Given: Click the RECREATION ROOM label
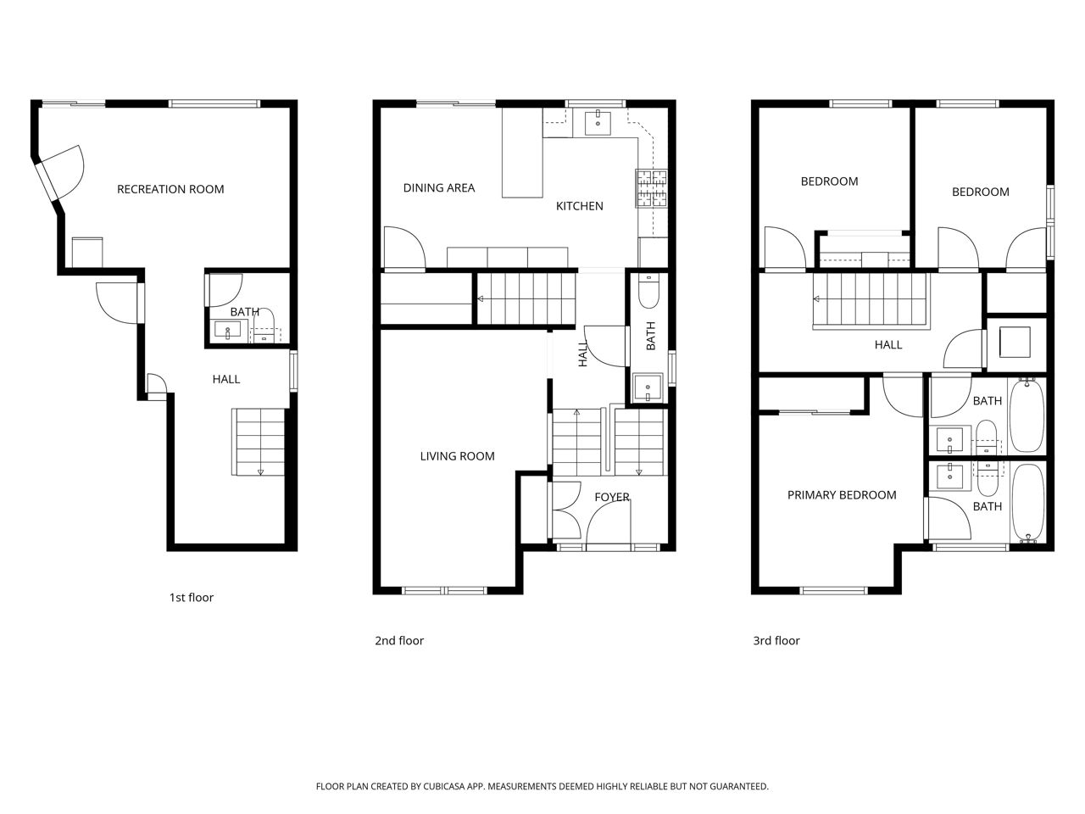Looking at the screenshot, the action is click(x=170, y=189).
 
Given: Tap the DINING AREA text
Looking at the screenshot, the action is click(x=438, y=187).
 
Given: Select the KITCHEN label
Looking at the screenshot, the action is click(x=579, y=206).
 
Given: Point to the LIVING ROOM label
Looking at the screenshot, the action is click(x=457, y=456).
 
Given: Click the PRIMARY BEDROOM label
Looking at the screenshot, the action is click(x=842, y=494).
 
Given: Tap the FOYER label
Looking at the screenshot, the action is click(x=611, y=497).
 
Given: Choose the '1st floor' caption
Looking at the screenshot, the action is click(x=192, y=597).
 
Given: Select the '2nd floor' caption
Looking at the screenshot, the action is click(x=399, y=640).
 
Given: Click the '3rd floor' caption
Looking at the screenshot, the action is click(x=776, y=640).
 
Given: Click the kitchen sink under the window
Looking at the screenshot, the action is click(x=598, y=123).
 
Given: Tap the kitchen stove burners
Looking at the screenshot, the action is click(x=651, y=188).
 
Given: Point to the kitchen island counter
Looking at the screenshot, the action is click(x=522, y=153).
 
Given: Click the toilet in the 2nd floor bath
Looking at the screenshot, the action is click(x=648, y=292).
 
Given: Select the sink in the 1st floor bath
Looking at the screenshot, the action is click(x=228, y=330).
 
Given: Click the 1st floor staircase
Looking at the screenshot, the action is click(x=259, y=442).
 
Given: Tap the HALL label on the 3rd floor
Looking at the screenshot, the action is click(x=887, y=344).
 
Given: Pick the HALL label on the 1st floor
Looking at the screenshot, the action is click(x=225, y=379).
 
